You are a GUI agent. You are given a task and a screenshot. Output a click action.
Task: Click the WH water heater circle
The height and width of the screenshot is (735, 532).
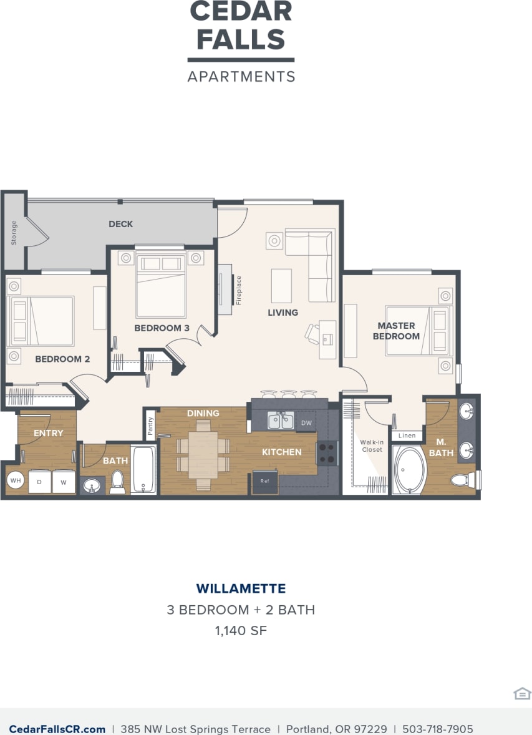coord(15,481)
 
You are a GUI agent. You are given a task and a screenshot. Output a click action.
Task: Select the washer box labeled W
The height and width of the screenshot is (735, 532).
coord(64,482)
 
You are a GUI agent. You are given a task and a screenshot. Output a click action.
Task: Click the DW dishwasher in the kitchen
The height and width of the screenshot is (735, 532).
coord(306,422)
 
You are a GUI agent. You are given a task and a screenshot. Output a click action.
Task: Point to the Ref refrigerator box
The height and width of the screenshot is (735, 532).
coord(265,482)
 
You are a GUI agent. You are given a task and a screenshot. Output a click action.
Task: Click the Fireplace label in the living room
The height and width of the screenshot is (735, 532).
coord(238,290)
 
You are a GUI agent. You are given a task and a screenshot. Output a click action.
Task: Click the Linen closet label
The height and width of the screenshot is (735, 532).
coord(407,436)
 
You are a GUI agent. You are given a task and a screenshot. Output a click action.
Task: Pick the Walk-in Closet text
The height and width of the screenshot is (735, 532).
coord(372,445)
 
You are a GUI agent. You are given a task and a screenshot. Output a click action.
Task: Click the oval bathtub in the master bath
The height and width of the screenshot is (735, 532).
coord(409,470)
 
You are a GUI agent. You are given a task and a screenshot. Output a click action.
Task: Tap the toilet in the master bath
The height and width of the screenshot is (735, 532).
coord(463,480)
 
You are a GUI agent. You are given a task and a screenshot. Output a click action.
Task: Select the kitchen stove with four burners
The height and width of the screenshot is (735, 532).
coord(327,454)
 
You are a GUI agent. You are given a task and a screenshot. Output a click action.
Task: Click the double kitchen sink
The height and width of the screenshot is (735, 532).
coord(281,422)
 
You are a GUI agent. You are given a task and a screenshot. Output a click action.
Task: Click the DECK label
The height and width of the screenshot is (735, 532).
coord(121,224)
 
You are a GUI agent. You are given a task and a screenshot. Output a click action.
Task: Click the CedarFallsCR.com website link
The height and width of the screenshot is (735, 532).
coord(57,729)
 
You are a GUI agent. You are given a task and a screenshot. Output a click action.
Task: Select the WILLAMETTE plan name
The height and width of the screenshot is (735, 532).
coord(241,588)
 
